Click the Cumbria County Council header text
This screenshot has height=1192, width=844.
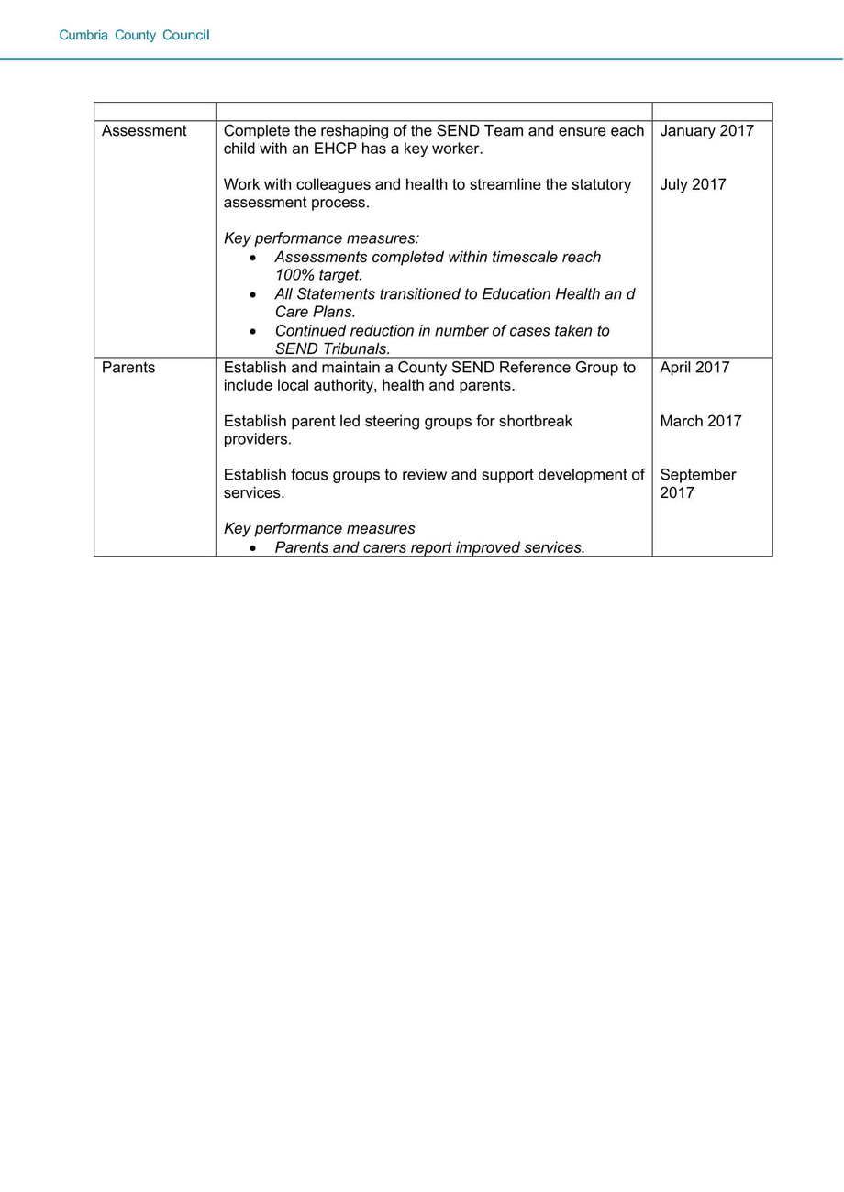pos(134,36)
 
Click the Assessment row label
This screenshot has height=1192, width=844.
pos(144,131)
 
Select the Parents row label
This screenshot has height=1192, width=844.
pos(128,368)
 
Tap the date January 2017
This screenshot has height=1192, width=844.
pos(706,131)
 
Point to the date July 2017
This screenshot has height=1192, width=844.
pos(693,184)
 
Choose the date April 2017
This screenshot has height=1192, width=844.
pos(694,368)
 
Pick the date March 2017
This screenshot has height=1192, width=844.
pos(701,421)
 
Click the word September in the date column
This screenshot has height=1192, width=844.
pos(697,475)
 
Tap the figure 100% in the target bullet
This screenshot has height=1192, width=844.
pos(294,275)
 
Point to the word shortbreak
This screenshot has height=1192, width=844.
pos(531,421)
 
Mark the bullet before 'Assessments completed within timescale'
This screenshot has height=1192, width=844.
pos(253,259)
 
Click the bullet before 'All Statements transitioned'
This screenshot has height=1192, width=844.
pos(253,295)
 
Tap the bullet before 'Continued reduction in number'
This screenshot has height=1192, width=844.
pos(253,331)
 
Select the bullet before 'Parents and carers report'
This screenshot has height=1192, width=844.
pos(253,548)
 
